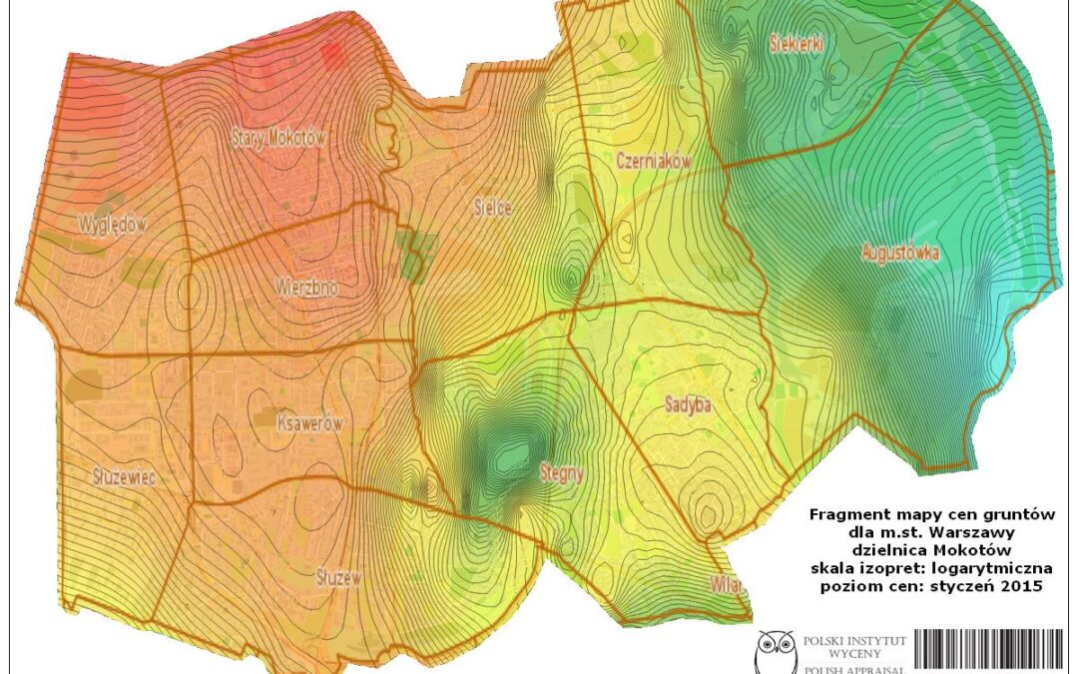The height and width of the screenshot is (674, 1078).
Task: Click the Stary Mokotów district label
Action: [278, 139]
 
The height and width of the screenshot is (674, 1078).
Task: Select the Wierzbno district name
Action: [306, 288]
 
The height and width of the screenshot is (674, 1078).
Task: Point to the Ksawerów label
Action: [309, 423]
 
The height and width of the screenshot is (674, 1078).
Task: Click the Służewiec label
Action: [121, 477]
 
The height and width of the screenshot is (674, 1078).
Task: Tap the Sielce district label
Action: [492, 209]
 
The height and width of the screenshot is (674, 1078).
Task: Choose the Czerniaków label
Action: [654, 161]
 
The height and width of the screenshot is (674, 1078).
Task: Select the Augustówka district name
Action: [899, 254]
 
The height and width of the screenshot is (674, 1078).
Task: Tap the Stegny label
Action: [561, 474]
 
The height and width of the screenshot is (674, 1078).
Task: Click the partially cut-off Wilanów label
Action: [728, 584]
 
